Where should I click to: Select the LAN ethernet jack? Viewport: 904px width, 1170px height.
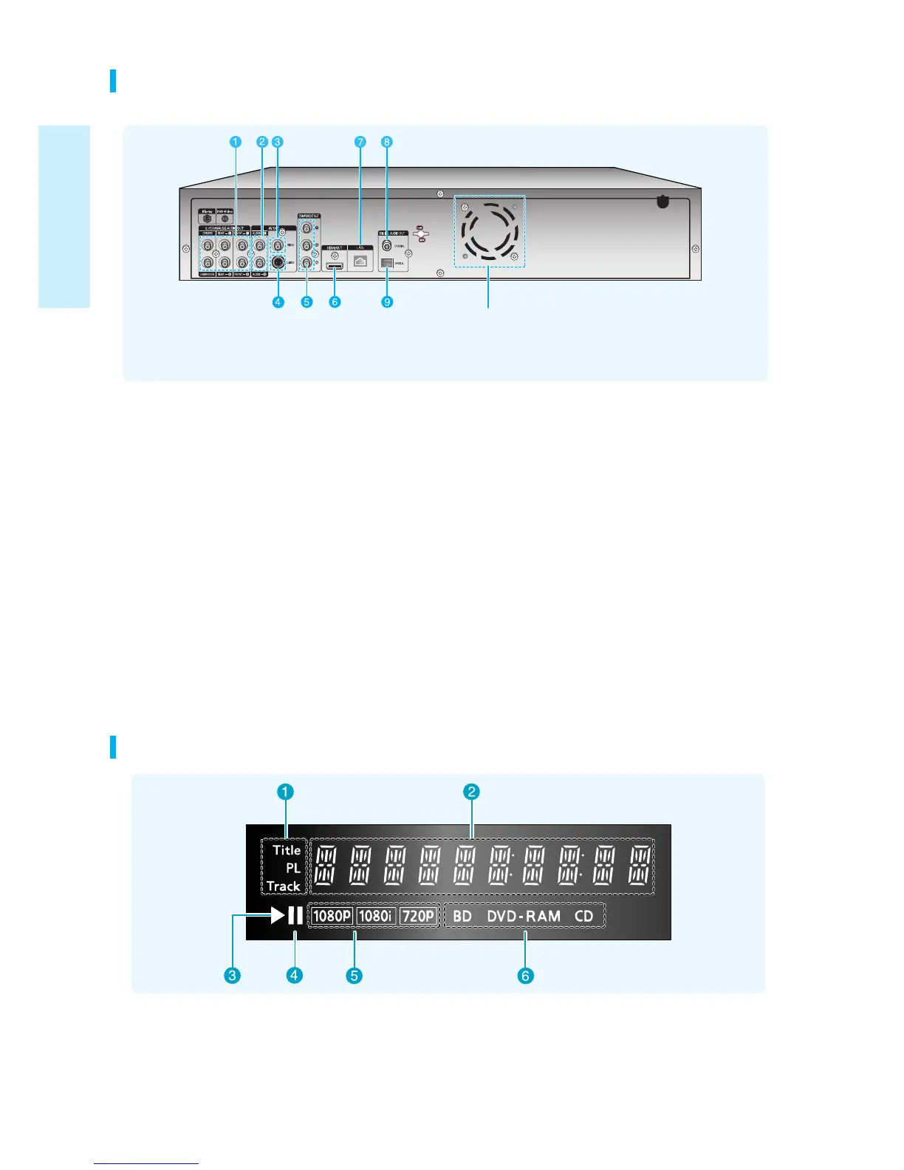coord(360,261)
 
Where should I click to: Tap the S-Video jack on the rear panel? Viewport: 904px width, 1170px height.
coord(278,262)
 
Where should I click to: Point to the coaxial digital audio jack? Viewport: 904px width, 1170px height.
coord(387,245)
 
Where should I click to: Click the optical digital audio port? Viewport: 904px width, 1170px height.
coord(386,262)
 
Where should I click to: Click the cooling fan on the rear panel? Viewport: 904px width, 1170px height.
coord(488,231)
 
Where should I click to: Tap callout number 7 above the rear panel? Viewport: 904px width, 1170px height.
coord(360,142)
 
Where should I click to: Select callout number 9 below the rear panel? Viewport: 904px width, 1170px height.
coord(387,301)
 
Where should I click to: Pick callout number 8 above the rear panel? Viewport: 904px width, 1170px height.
coord(387,142)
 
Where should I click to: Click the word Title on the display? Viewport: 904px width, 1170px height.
coord(287,850)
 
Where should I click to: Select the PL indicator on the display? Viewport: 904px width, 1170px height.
coord(293,868)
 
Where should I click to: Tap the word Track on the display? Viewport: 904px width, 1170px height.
coord(284,886)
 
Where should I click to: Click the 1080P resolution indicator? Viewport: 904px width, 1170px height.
coord(332,916)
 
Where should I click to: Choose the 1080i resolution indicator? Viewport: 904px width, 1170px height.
coord(376,916)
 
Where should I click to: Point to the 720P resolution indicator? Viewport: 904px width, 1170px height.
coord(418,916)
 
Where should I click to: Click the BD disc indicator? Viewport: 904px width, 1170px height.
coord(462,916)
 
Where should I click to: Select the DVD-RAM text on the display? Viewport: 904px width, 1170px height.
coord(524,916)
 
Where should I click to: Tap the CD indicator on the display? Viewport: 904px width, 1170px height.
coord(584,916)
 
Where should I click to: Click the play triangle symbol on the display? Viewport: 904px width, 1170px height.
coord(278,915)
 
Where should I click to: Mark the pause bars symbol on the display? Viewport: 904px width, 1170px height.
coord(295,915)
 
